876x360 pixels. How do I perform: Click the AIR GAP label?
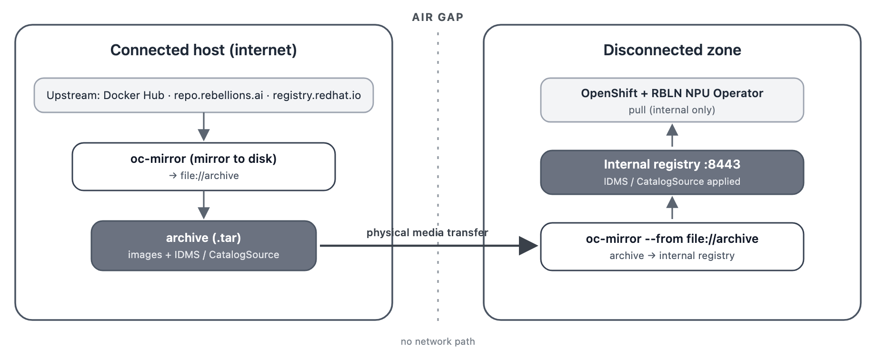click(x=438, y=17)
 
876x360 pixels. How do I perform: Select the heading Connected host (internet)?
click(x=204, y=50)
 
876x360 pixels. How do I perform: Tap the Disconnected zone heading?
click(x=672, y=50)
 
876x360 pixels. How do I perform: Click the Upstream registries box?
click(x=204, y=95)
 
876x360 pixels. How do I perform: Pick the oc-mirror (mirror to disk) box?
click(x=204, y=167)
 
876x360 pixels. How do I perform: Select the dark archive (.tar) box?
click(x=204, y=246)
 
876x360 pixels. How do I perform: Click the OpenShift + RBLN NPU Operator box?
click(x=672, y=100)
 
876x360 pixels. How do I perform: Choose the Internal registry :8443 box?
click(x=672, y=172)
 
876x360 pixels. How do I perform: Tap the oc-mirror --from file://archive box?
click(x=672, y=247)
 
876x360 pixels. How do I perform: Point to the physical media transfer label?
click(x=427, y=232)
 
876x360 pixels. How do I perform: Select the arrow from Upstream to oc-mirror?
click(x=204, y=127)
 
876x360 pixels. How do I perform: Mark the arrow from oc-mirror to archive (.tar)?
click(x=204, y=205)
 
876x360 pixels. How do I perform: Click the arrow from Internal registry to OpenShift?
click(x=672, y=135)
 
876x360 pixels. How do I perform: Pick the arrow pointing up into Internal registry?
click(x=672, y=208)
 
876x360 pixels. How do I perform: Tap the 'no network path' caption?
click(x=438, y=341)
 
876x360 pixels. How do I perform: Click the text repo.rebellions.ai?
click(x=219, y=95)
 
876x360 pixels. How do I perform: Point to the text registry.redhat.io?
click(x=317, y=95)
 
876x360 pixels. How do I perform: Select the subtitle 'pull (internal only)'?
click(x=672, y=110)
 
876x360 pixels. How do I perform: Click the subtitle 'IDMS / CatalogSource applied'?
click(x=672, y=181)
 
